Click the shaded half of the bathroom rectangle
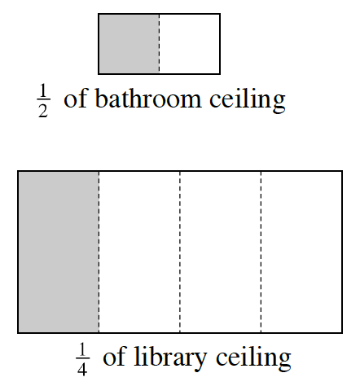click(129, 44)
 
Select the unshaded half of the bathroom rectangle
click(189, 44)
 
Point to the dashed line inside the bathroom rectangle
click(159, 44)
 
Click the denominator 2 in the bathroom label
click(43, 111)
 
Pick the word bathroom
click(148, 98)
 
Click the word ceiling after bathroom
click(248, 99)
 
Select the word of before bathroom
click(76, 98)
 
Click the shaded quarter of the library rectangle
click(59, 252)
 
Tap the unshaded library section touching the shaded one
click(139, 252)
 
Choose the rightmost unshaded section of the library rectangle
click(301, 252)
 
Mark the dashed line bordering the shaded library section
click(99, 252)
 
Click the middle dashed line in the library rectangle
click(180, 252)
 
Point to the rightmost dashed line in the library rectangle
click(261, 252)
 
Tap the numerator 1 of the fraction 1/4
click(82, 349)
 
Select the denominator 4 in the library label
click(82, 369)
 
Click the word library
click(170, 358)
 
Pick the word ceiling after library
click(253, 358)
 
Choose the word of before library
click(115, 356)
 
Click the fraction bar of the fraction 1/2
click(43, 100)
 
